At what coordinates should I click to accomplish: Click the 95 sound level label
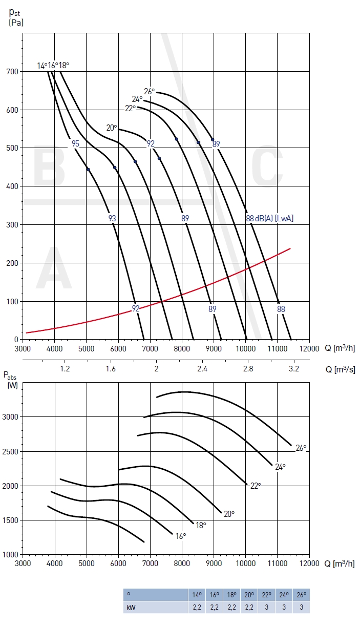pos(75,144)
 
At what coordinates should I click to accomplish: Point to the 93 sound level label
pos(112,218)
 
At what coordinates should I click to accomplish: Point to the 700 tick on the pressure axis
pos(12,71)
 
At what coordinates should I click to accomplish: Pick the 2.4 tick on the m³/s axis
pos(202,369)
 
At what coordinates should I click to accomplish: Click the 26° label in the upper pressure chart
pos(149,92)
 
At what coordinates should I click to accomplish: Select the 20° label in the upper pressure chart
pos(112,128)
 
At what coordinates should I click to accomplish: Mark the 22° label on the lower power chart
pos(256,485)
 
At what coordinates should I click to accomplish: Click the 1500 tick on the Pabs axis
pos(12,520)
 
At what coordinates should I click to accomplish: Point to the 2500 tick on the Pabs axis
pos(12,451)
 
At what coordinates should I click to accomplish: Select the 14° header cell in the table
pos(197,595)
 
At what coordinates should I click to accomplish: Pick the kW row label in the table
pos(131,607)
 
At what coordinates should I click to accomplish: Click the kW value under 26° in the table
pos(301,607)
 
